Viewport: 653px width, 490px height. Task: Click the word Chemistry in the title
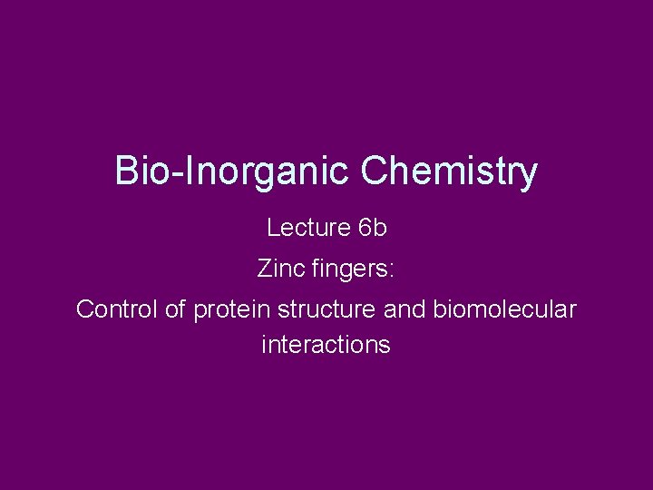(x=449, y=171)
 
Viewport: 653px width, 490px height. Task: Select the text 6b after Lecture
(x=373, y=228)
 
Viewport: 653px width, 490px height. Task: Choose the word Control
(x=117, y=309)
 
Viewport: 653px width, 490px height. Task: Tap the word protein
(x=232, y=310)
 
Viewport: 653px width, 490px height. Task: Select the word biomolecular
(x=503, y=309)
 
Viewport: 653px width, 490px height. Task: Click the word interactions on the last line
(x=326, y=345)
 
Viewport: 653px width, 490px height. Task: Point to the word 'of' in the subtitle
(x=175, y=309)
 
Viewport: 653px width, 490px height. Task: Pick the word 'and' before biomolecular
(x=404, y=309)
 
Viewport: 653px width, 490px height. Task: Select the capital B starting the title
(x=126, y=171)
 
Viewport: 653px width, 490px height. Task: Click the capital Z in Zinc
(x=264, y=269)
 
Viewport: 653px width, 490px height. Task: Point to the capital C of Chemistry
(x=375, y=171)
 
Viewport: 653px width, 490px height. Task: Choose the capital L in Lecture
(x=272, y=228)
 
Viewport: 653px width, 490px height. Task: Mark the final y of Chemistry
(x=528, y=175)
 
